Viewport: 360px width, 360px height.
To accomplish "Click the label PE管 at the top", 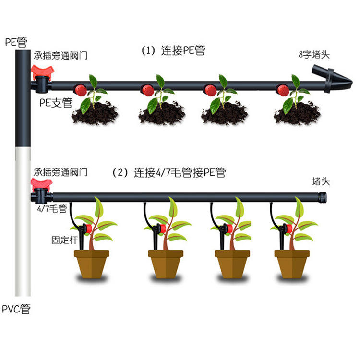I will (16, 42).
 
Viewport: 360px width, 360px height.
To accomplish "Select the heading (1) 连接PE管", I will (173, 50).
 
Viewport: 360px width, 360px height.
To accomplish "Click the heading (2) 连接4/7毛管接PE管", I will (168, 173).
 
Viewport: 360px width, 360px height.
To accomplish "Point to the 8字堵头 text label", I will (314, 54).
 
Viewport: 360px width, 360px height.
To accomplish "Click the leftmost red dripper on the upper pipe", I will (79, 90).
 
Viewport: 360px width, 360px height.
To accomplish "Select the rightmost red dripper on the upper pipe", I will (283, 90).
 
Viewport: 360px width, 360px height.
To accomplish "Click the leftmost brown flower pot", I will (92, 264).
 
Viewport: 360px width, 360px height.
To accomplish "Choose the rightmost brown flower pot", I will (292, 264).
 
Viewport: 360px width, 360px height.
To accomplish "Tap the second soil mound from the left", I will (161, 114).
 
